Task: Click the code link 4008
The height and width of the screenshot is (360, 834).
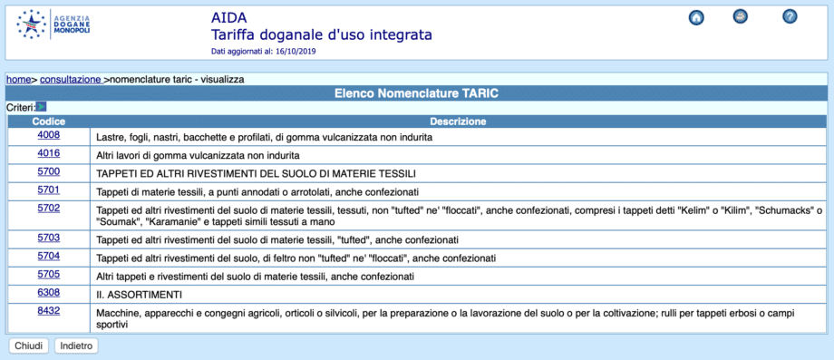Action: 48,135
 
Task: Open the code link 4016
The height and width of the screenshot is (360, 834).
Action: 48,153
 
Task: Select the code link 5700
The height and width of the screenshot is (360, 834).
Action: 48,170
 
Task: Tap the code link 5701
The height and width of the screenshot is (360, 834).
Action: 48,190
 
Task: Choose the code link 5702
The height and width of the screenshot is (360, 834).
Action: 48,208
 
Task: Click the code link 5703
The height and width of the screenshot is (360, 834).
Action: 48,238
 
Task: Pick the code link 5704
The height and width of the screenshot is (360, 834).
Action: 48,256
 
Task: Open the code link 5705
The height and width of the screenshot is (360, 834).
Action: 48,274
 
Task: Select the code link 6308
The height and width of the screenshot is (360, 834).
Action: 48,292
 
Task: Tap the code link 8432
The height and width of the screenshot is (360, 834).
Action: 48,310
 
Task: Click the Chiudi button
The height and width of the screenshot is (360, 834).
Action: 29,345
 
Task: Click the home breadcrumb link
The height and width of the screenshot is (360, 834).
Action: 19,80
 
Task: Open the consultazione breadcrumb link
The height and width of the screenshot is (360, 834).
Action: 71,80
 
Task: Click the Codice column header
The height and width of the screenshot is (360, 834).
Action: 48,122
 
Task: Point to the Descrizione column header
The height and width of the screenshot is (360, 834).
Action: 458,122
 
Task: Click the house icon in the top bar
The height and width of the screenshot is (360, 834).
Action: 696,17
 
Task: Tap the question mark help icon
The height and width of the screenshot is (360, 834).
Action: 790,17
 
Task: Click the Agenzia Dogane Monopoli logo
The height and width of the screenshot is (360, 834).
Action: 55,24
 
